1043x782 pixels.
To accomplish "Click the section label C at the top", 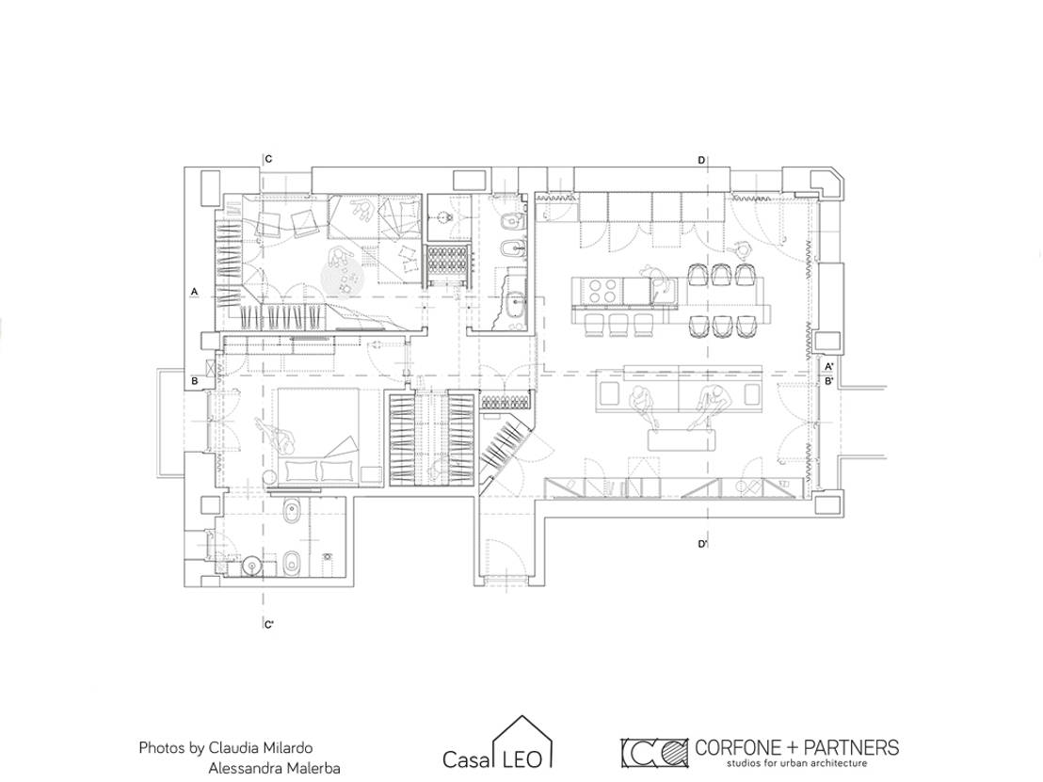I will [268, 159].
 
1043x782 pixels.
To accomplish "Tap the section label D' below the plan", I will [702, 545].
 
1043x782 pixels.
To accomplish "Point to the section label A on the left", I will [194, 292].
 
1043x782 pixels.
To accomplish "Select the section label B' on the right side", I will [828, 381].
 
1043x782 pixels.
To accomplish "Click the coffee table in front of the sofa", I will [683, 439].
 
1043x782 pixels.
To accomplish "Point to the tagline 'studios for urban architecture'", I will [795, 763].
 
